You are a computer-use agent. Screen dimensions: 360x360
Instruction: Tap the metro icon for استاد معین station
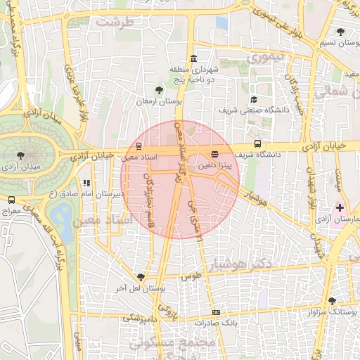tap(138, 148)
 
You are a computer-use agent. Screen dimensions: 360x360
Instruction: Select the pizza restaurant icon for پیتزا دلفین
tap(214, 153)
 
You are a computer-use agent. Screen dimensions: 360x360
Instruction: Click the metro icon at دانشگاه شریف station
tap(257, 143)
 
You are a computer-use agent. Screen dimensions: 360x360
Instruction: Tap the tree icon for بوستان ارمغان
tap(159, 90)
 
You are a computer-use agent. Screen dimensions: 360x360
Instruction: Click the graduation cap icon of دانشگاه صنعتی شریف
tap(253, 100)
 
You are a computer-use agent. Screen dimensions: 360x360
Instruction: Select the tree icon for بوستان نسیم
tap(341, 32)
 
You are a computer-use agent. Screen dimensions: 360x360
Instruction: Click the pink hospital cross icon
tap(340, 207)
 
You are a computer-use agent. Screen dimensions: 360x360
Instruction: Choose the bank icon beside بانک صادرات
tap(216, 312)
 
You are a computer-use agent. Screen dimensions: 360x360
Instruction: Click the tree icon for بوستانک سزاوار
tap(332, 300)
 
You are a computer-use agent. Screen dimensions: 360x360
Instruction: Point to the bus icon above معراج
tap(11, 200)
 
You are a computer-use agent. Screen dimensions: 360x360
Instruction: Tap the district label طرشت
tap(114, 22)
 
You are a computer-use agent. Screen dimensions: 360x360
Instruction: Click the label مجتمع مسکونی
tap(196, 343)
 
